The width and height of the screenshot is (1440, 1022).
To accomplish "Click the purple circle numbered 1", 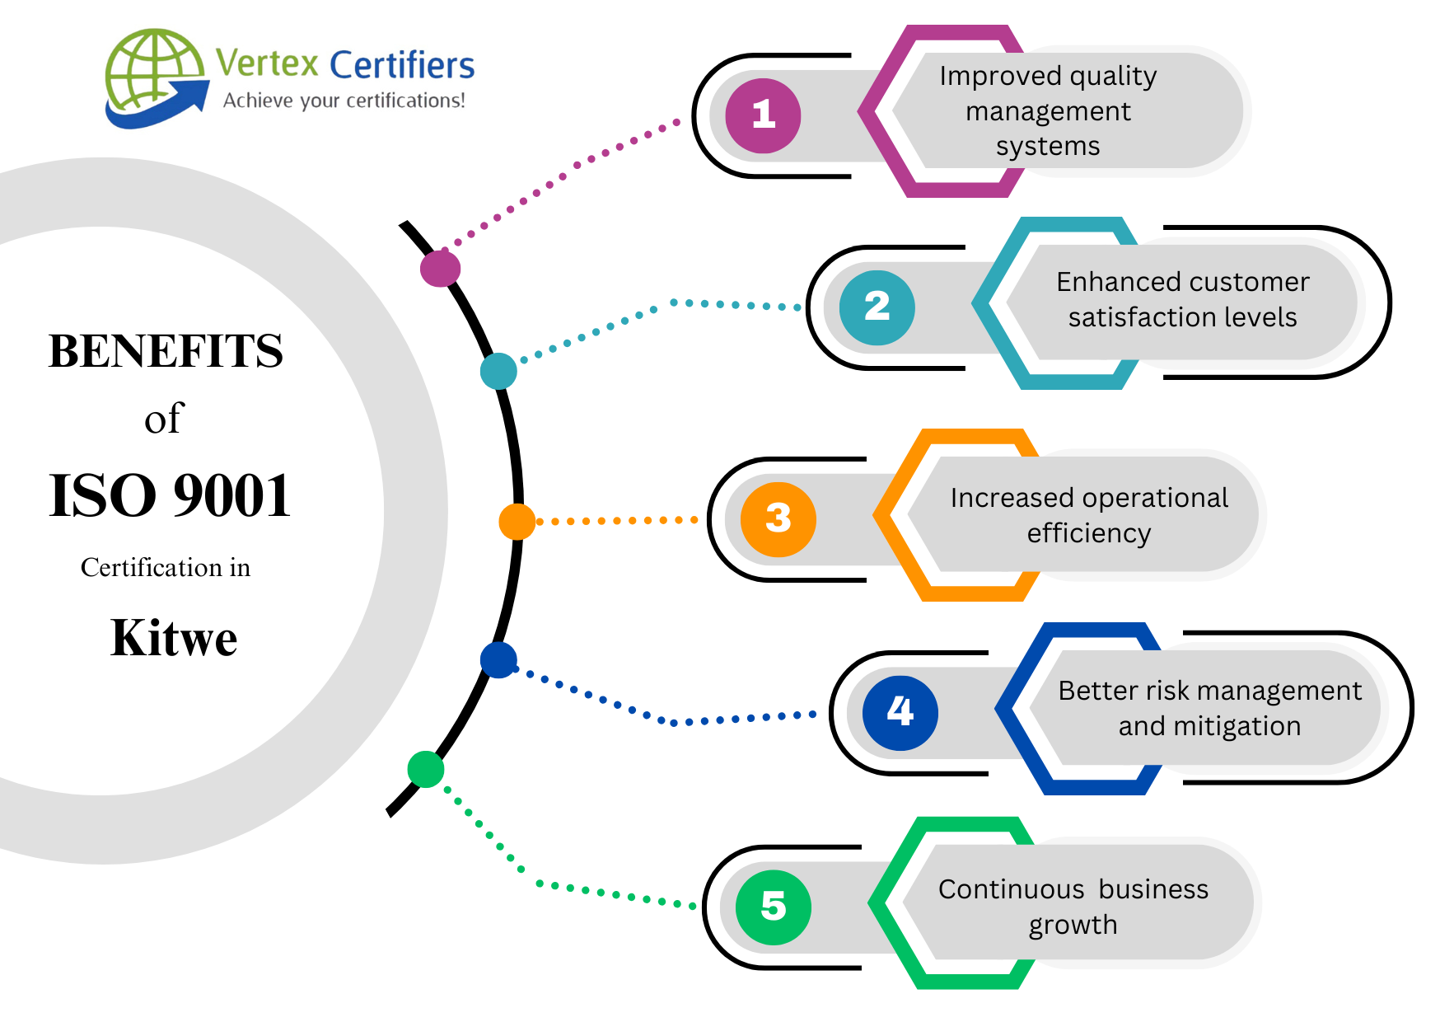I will (x=763, y=115).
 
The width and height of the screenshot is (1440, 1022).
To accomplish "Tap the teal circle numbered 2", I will (x=877, y=307).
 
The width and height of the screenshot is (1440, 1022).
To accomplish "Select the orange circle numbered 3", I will (x=778, y=519).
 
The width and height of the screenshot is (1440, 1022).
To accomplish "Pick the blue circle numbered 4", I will (x=900, y=712).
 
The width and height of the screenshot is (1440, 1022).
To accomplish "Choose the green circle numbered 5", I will (x=773, y=907).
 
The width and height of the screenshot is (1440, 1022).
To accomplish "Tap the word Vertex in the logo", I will (x=267, y=63).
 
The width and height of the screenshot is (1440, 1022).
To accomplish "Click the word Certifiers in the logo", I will (x=402, y=65).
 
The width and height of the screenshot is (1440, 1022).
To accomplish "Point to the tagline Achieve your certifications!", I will (x=344, y=101).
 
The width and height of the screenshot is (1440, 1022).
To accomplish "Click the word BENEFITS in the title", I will (x=166, y=351).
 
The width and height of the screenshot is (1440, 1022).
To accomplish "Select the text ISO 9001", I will (x=170, y=496).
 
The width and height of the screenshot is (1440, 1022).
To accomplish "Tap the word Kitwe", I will (x=174, y=638).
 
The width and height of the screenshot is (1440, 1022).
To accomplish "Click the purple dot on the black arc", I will (x=440, y=268).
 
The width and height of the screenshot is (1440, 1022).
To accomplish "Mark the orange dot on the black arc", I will (x=517, y=522).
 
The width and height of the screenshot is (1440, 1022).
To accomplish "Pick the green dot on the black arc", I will (x=426, y=769).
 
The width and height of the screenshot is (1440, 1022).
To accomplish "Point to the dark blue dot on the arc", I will (x=498, y=660).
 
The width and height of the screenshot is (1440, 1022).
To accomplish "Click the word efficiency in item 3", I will (x=1088, y=534).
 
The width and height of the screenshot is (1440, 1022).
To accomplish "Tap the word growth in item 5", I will (x=1073, y=925).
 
